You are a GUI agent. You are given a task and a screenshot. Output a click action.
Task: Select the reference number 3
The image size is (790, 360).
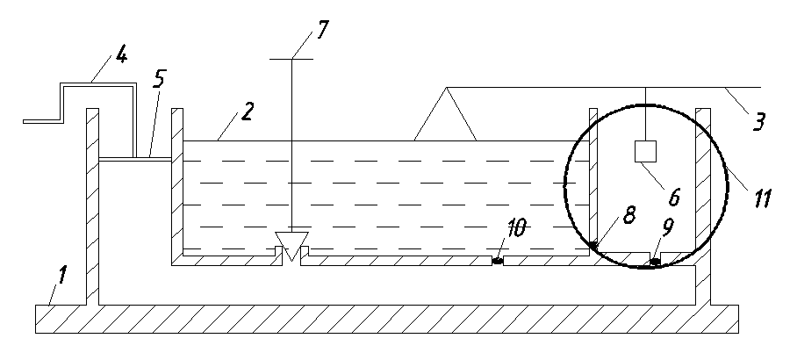point(758,121)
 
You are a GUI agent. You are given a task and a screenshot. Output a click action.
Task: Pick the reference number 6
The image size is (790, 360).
point(673,197)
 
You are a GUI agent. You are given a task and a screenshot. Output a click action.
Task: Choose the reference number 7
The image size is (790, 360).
point(321,30)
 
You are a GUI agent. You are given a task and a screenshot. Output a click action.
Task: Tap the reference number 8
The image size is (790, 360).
point(628,214)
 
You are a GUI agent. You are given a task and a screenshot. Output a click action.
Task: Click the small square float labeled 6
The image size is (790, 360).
point(645,152)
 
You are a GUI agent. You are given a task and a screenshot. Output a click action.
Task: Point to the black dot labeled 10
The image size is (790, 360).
point(498,261)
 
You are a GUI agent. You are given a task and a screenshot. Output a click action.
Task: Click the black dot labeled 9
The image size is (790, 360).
point(656,261)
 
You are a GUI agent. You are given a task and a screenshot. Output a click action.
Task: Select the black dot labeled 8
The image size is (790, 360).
point(593,245)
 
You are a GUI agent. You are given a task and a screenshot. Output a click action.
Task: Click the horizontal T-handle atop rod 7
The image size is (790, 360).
point(291,59)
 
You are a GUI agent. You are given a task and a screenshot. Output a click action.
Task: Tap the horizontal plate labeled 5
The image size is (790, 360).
point(135,159)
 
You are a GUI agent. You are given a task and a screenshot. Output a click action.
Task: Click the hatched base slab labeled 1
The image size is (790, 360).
point(387,319)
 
